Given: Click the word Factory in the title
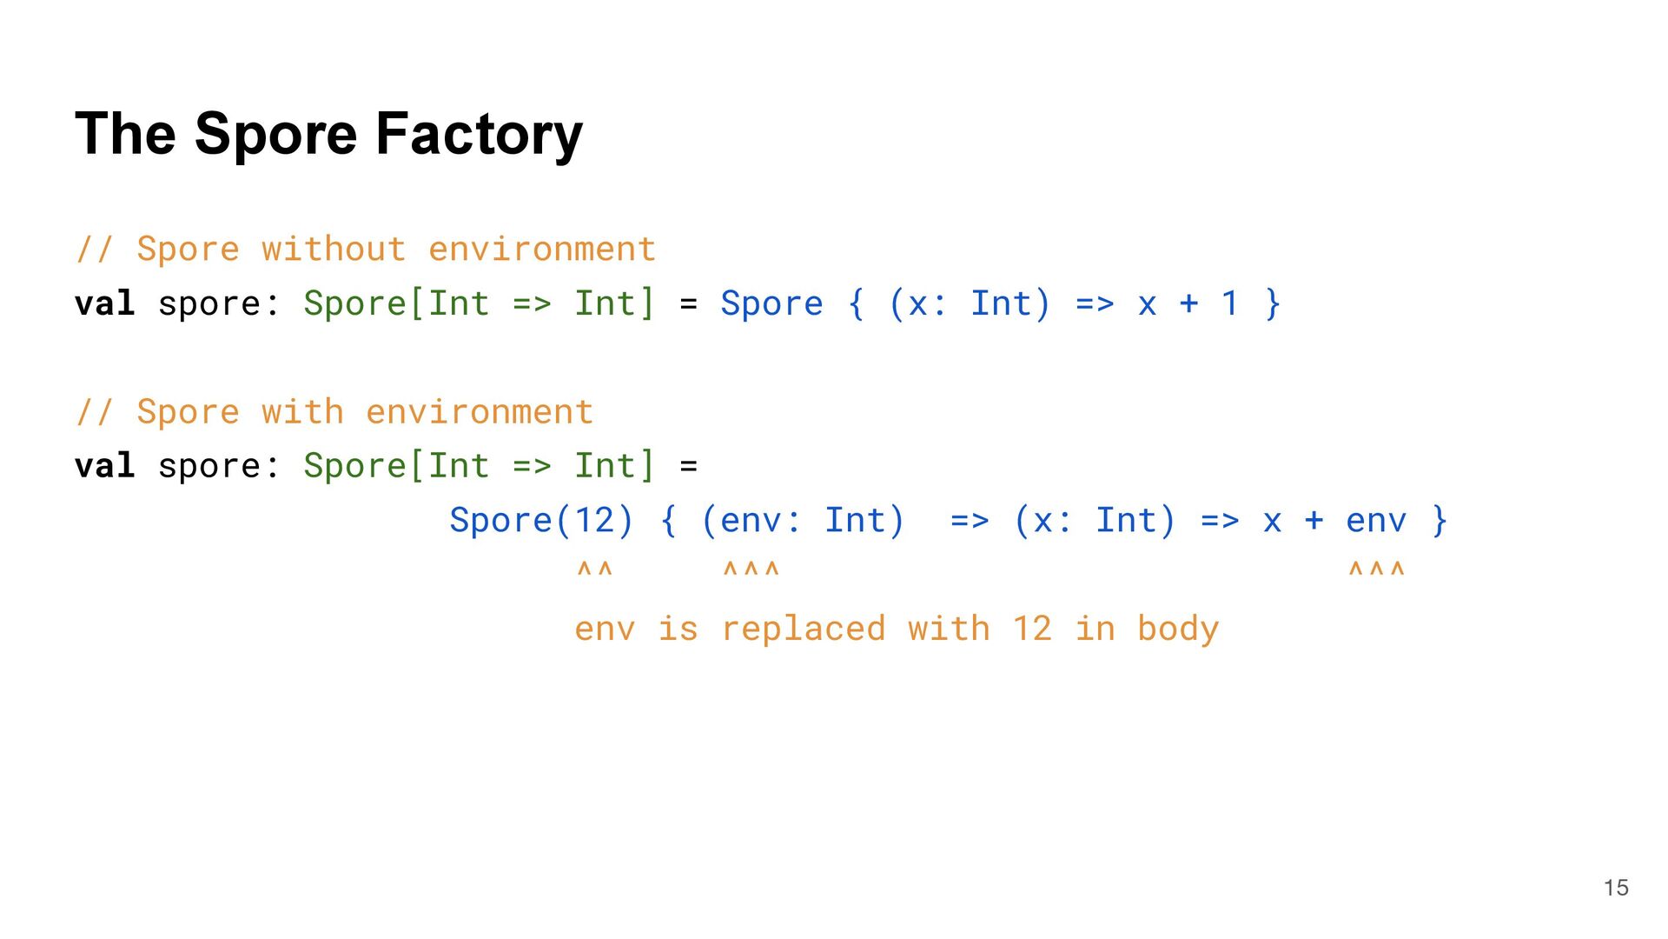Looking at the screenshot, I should click(x=479, y=135).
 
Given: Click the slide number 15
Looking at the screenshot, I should click(x=1616, y=888).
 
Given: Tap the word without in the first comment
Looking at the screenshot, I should click(x=334, y=250).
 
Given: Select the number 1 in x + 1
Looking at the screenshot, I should click(x=1229, y=303).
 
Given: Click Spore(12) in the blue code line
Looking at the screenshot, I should click(x=541, y=520).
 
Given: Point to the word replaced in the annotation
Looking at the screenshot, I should click(x=803, y=629).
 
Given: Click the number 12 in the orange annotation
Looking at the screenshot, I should click(x=1031, y=629).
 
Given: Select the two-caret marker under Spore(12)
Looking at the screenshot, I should click(x=595, y=570).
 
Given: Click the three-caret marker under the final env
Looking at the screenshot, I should click(x=1376, y=570).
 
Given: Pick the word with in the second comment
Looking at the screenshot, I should click(x=302, y=412).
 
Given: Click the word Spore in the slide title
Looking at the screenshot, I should click(x=275, y=135).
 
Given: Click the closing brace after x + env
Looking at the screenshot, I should click(x=1440, y=520).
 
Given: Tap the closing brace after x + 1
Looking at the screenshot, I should click(x=1273, y=303).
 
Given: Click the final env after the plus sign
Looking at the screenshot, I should click(x=1375, y=521).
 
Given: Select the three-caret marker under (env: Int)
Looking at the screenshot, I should click(x=751, y=570).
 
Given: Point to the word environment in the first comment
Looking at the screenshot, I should click(x=542, y=250).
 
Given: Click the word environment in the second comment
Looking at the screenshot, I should click(x=480, y=412).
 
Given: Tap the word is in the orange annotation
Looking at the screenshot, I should click(x=678, y=629).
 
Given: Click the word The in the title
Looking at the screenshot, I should click(x=125, y=135).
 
